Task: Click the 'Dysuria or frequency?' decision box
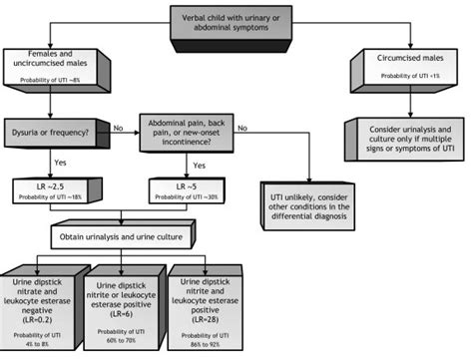(48, 128)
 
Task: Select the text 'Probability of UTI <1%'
(399, 76)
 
